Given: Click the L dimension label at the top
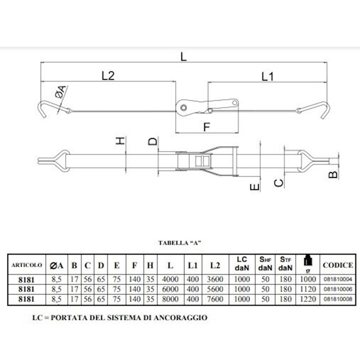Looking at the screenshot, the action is pos(184,57).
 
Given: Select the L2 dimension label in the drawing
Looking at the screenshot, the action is pos(108,76).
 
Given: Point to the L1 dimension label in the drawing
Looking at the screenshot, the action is pos(268,76).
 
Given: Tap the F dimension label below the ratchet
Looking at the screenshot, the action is pos(207,127).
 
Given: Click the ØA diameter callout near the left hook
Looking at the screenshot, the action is pos(61,92).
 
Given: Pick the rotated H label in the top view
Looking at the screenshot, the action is pos(120,140).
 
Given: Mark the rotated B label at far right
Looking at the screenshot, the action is pos(333,175).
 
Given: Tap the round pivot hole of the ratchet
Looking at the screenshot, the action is pos(183,108).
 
